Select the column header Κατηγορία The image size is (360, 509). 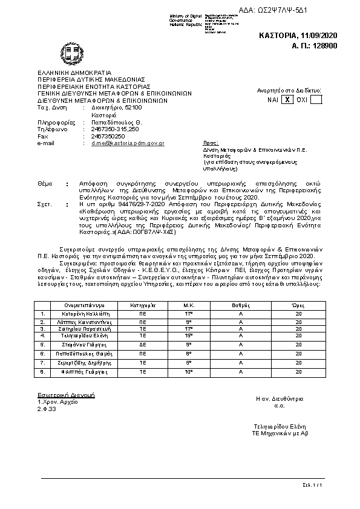pyautogui.click(x=143, y=305)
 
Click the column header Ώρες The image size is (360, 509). pyautogui.click(x=298, y=305)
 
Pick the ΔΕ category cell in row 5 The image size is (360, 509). pyautogui.click(x=143, y=344)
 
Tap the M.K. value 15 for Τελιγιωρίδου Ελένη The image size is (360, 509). pyautogui.click(x=188, y=335)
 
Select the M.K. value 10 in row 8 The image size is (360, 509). pyautogui.click(x=188, y=372)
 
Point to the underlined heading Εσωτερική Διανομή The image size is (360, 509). pyautogui.click(x=65, y=395)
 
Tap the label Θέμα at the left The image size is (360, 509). pyautogui.click(x=45, y=182)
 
